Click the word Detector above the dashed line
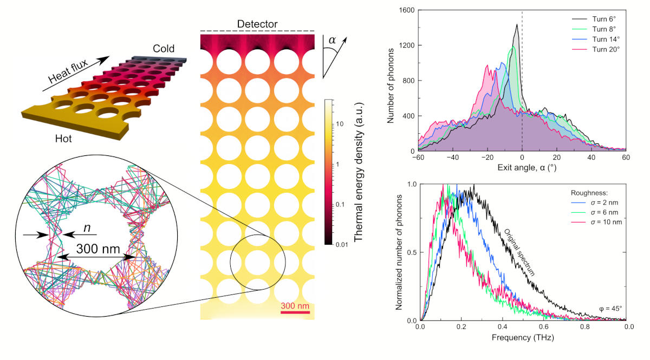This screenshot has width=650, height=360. pyautogui.click(x=257, y=24)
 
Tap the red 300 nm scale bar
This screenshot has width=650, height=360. pyautogui.click(x=295, y=313)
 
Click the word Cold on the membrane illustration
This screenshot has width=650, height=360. pyautogui.click(x=163, y=49)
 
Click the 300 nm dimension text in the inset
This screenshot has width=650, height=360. pyautogui.click(x=95, y=250)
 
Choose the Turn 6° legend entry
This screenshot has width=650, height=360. pyautogui.click(x=601, y=20)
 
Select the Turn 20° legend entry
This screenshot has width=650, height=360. pyautogui.click(x=602, y=49)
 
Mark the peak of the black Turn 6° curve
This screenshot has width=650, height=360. pyautogui.click(x=517, y=24)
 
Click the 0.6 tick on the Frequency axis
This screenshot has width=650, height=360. pyautogui.click(x=545, y=328)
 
